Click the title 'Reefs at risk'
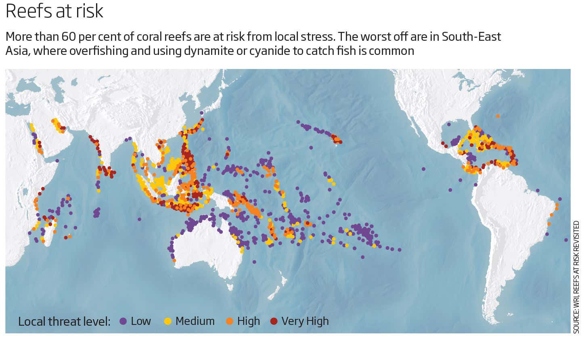54,11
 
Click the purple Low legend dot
124,321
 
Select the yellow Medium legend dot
168,321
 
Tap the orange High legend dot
230,321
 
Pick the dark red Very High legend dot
274,321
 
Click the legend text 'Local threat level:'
64,322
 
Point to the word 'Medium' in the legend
195,321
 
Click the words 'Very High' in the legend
305,321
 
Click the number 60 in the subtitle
69,37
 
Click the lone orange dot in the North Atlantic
498,116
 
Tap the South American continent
509,226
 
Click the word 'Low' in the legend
141,321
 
